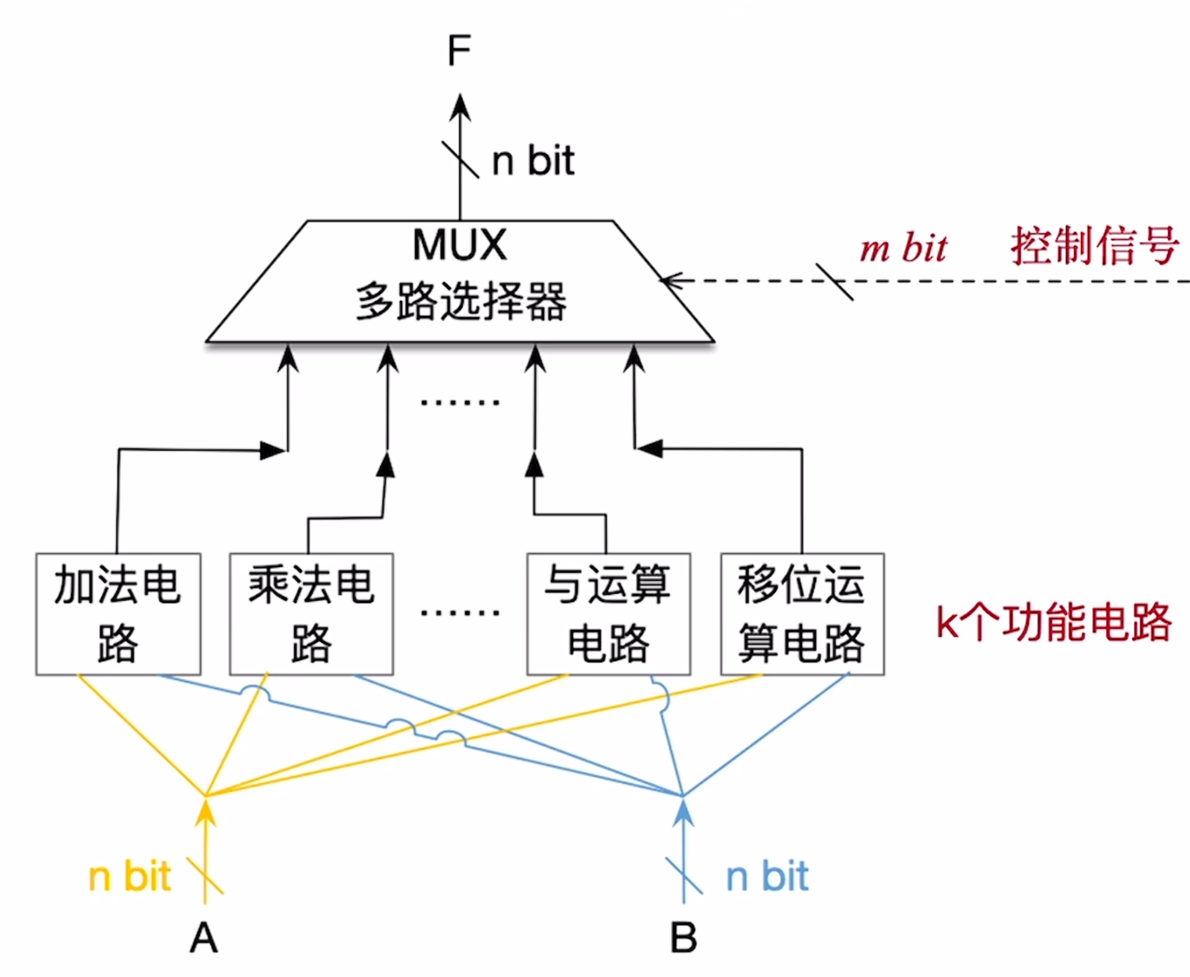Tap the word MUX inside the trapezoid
(x=459, y=245)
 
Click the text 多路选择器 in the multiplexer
(x=460, y=302)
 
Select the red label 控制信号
(x=1095, y=246)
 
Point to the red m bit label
(x=903, y=248)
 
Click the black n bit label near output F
(x=533, y=161)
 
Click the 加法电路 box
(x=119, y=614)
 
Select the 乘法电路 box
(x=311, y=614)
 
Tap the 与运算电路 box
(x=609, y=614)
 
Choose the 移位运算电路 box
(x=802, y=614)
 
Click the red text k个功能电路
(x=1053, y=623)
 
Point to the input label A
(x=204, y=939)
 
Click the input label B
(x=683, y=939)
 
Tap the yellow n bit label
(x=130, y=877)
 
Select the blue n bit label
(x=767, y=877)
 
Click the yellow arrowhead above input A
(x=206, y=811)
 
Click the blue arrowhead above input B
(x=684, y=811)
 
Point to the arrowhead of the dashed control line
(x=670, y=281)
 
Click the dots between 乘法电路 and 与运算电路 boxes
(x=460, y=612)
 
